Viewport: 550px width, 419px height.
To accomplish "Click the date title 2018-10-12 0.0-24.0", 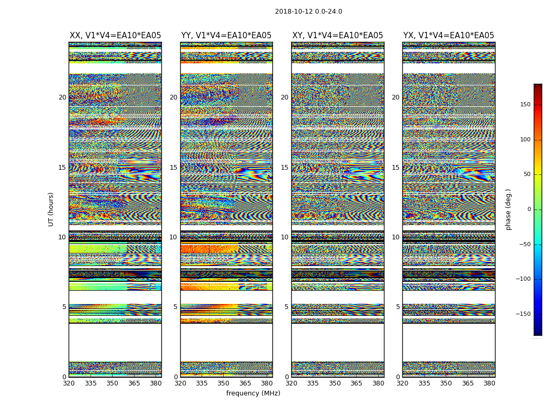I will tap(309, 12).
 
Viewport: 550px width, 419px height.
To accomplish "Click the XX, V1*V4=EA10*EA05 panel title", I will tap(115, 36).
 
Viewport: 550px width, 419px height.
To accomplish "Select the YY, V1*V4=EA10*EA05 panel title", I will tap(226, 36).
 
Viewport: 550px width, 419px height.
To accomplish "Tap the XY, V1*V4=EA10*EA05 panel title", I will tap(337, 36).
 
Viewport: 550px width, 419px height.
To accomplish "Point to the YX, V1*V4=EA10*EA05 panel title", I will tap(448, 36).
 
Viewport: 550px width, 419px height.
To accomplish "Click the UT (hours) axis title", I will tap(51, 209).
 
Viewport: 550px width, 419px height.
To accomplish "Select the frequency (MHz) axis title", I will tap(253, 393).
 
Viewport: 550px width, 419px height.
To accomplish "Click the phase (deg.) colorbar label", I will tap(509, 209).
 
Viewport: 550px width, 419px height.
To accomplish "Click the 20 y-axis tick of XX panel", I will tap(62, 97).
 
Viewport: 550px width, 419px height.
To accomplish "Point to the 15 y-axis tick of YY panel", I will tap(173, 168).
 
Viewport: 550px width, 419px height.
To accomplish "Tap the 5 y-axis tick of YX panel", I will tap(398, 307).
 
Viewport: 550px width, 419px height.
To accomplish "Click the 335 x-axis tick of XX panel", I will tap(91, 383).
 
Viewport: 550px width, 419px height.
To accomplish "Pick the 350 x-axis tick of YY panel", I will tap(224, 383).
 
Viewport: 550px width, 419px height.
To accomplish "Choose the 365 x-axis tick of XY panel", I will tap(356, 383).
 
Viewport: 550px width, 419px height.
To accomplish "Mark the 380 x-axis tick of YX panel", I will tap(489, 383).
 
